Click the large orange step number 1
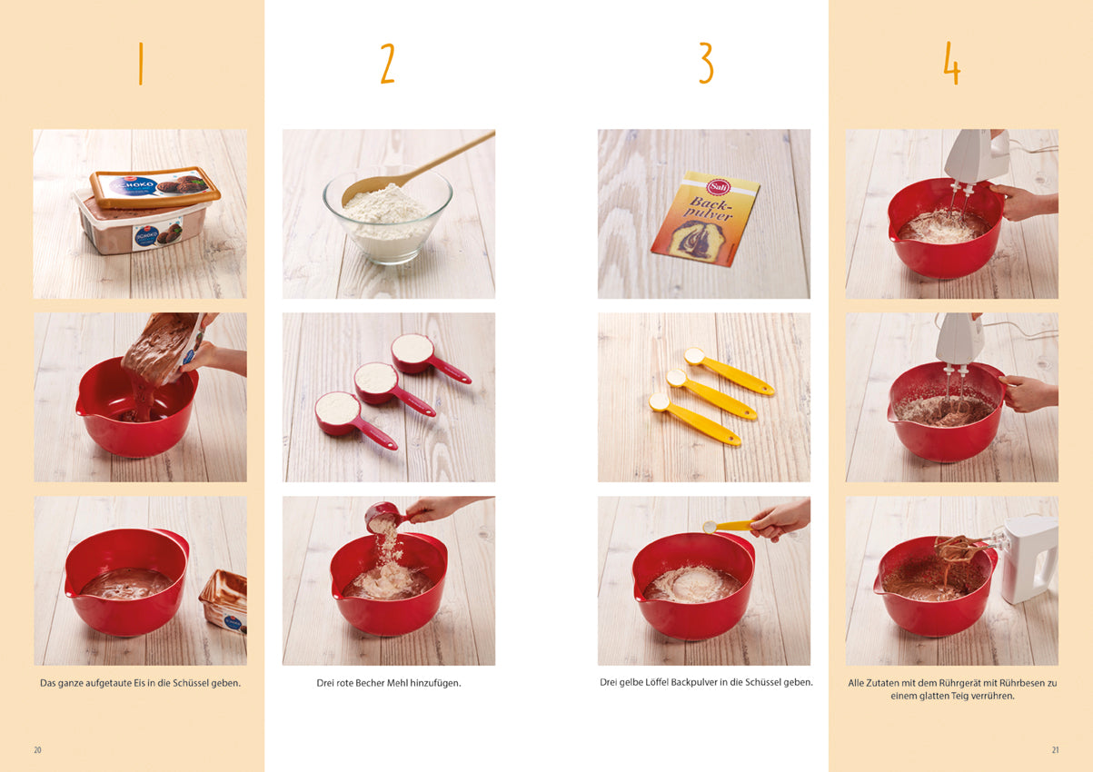pos(141,64)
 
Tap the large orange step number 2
pos(387,64)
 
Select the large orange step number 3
pos(706,64)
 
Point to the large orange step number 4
pos(951,64)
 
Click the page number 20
pos(37,750)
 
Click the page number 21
pos(1055,750)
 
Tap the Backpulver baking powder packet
pos(705,219)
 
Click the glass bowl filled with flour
pos(387,217)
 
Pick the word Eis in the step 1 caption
pos(134,683)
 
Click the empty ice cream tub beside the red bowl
pos(224,601)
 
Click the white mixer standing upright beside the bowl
pos(1029,559)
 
